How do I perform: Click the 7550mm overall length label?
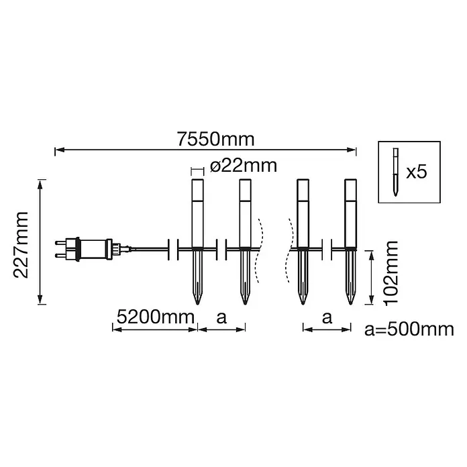pos(215,139)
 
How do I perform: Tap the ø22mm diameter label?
pos(244,166)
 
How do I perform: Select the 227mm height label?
pos(21,244)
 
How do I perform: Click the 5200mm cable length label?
pos(155,317)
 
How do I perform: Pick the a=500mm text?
pos(409,329)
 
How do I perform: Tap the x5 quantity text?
pos(417,172)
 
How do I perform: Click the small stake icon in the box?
pos(395,172)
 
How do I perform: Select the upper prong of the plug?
pos(60,243)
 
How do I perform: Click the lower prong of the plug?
pos(60,256)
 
